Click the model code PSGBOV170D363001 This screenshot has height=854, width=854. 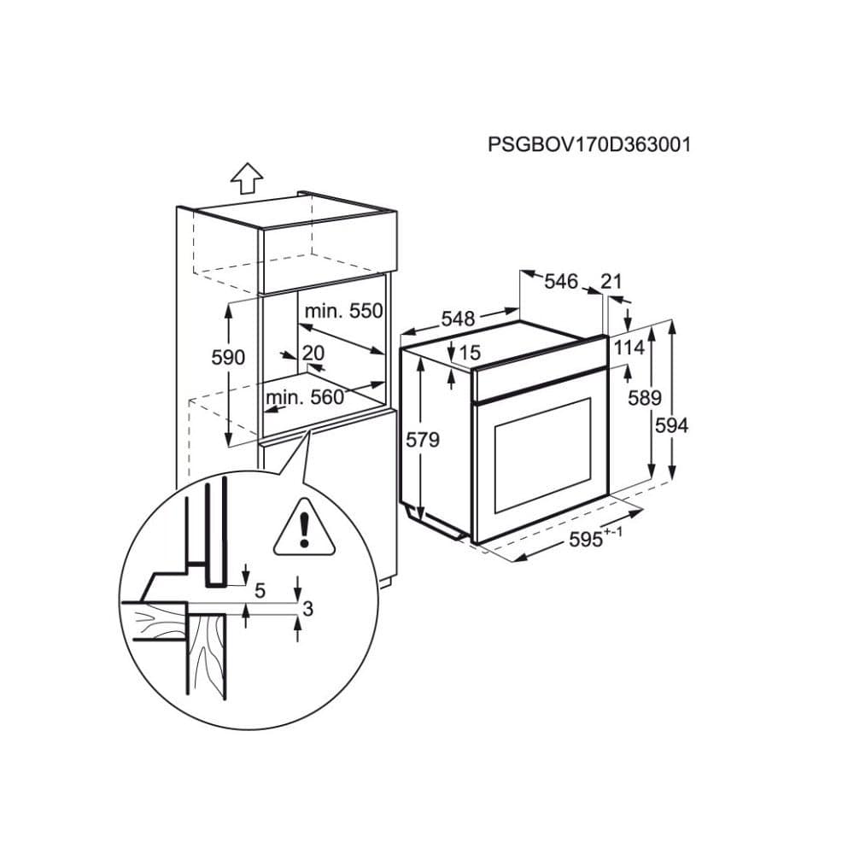(x=589, y=144)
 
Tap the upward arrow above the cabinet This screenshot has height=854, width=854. (x=248, y=178)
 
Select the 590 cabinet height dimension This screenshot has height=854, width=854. (x=228, y=357)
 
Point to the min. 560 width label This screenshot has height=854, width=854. (x=304, y=397)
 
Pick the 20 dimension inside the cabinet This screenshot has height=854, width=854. (x=313, y=352)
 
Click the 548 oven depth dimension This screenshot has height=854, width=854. (x=458, y=319)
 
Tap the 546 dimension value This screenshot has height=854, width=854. (x=561, y=281)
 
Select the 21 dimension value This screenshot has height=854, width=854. (x=611, y=281)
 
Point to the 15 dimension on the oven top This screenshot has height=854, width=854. (x=470, y=352)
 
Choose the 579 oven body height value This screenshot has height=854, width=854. (x=423, y=441)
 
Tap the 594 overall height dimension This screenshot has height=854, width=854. (x=671, y=424)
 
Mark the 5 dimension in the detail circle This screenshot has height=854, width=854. (x=260, y=589)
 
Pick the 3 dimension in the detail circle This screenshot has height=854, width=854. (x=309, y=608)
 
